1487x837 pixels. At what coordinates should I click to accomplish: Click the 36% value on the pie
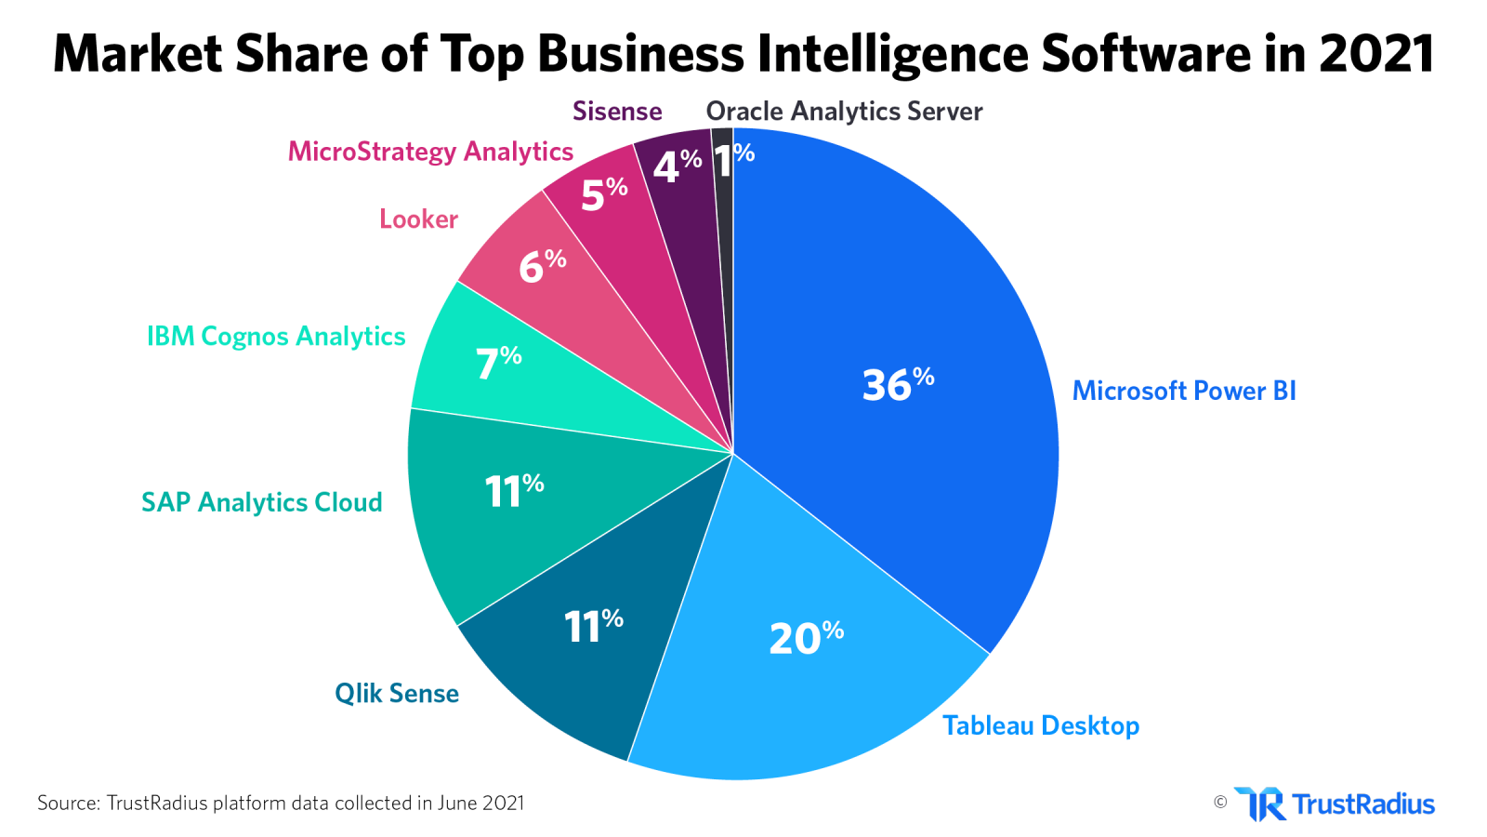tap(898, 384)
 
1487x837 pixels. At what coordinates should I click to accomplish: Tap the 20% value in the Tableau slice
tap(806, 638)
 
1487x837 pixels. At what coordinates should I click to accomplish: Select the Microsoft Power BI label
tap(1184, 391)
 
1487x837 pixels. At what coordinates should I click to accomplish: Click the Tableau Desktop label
tap(1041, 725)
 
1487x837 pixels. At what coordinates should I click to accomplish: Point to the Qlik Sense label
tap(397, 693)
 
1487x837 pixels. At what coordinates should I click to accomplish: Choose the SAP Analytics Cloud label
tap(261, 502)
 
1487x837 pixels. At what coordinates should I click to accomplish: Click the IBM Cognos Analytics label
tap(276, 336)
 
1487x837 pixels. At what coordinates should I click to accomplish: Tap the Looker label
tap(418, 219)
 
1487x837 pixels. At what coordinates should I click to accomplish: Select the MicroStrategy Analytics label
tap(430, 152)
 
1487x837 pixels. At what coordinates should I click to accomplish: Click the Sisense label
tap(617, 112)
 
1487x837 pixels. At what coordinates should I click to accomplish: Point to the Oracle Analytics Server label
tap(844, 112)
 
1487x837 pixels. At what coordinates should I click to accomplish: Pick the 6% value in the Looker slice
tap(542, 266)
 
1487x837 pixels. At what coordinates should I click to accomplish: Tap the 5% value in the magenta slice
tap(604, 194)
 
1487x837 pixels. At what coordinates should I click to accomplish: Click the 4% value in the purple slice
tap(677, 166)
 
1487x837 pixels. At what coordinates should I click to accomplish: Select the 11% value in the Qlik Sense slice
tap(593, 626)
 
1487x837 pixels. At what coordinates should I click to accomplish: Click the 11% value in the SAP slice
tap(514, 490)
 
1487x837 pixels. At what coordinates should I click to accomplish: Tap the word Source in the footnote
tap(67, 803)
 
